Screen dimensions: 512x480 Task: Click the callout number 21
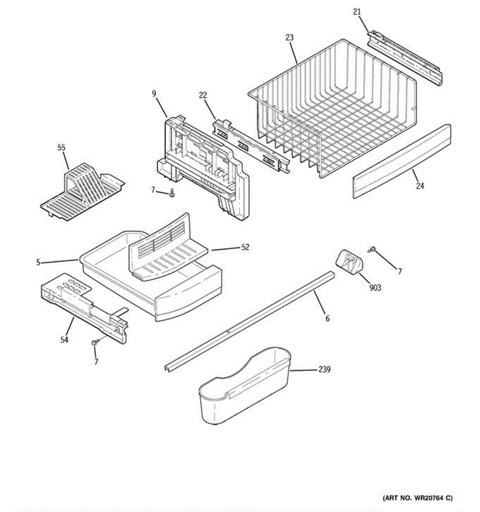coord(357,12)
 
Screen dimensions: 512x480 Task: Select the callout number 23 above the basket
coord(289,38)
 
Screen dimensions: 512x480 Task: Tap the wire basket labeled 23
coord(333,111)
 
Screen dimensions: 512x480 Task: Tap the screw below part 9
coord(172,194)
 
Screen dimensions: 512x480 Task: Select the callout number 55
coord(61,148)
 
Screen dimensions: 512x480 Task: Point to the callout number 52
coord(245,247)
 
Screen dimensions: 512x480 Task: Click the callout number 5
coord(38,262)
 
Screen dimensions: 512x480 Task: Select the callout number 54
coord(64,340)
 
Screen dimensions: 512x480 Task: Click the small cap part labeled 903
coord(349,261)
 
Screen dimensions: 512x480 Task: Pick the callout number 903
coord(375,288)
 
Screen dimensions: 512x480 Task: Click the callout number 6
coord(327,318)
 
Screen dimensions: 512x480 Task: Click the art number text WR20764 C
coord(417,497)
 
